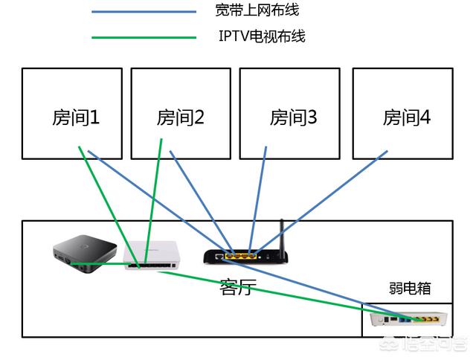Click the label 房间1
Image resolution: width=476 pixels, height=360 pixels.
point(75,117)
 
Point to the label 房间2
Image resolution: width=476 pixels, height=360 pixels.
point(180,117)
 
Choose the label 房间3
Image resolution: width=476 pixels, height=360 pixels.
point(293,117)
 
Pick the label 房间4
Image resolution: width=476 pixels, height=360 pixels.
point(406,117)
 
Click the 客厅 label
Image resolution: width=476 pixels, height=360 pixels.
point(238,286)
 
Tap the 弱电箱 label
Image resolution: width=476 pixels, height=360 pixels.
point(409,289)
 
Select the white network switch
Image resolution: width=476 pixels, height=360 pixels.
point(155,256)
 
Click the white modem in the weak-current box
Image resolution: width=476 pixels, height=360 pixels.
point(411,320)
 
